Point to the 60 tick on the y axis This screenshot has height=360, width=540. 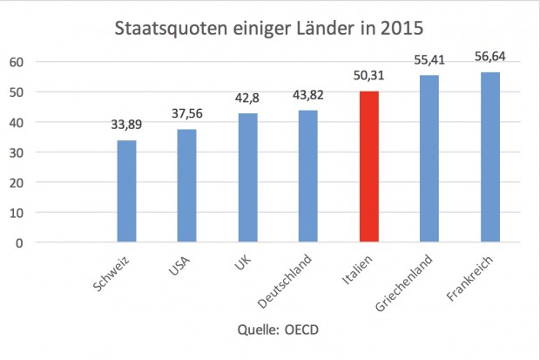tap(16, 62)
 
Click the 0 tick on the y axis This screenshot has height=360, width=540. tap(19, 242)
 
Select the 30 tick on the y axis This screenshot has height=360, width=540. tap(16, 153)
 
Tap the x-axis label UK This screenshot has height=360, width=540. tap(243, 264)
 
